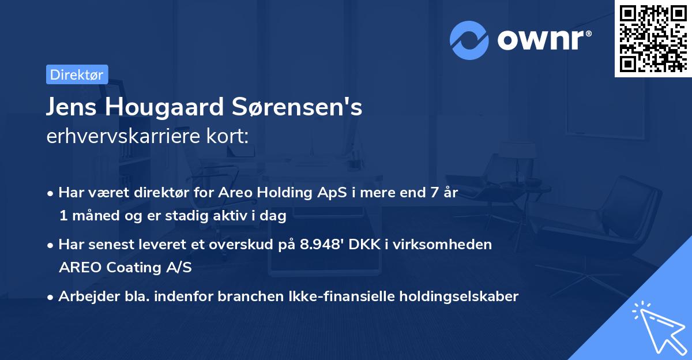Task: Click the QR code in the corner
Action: coord(653,38)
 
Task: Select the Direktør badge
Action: coord(77,74)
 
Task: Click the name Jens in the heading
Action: coord(71,108)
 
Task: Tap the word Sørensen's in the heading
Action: coord(300,108)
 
